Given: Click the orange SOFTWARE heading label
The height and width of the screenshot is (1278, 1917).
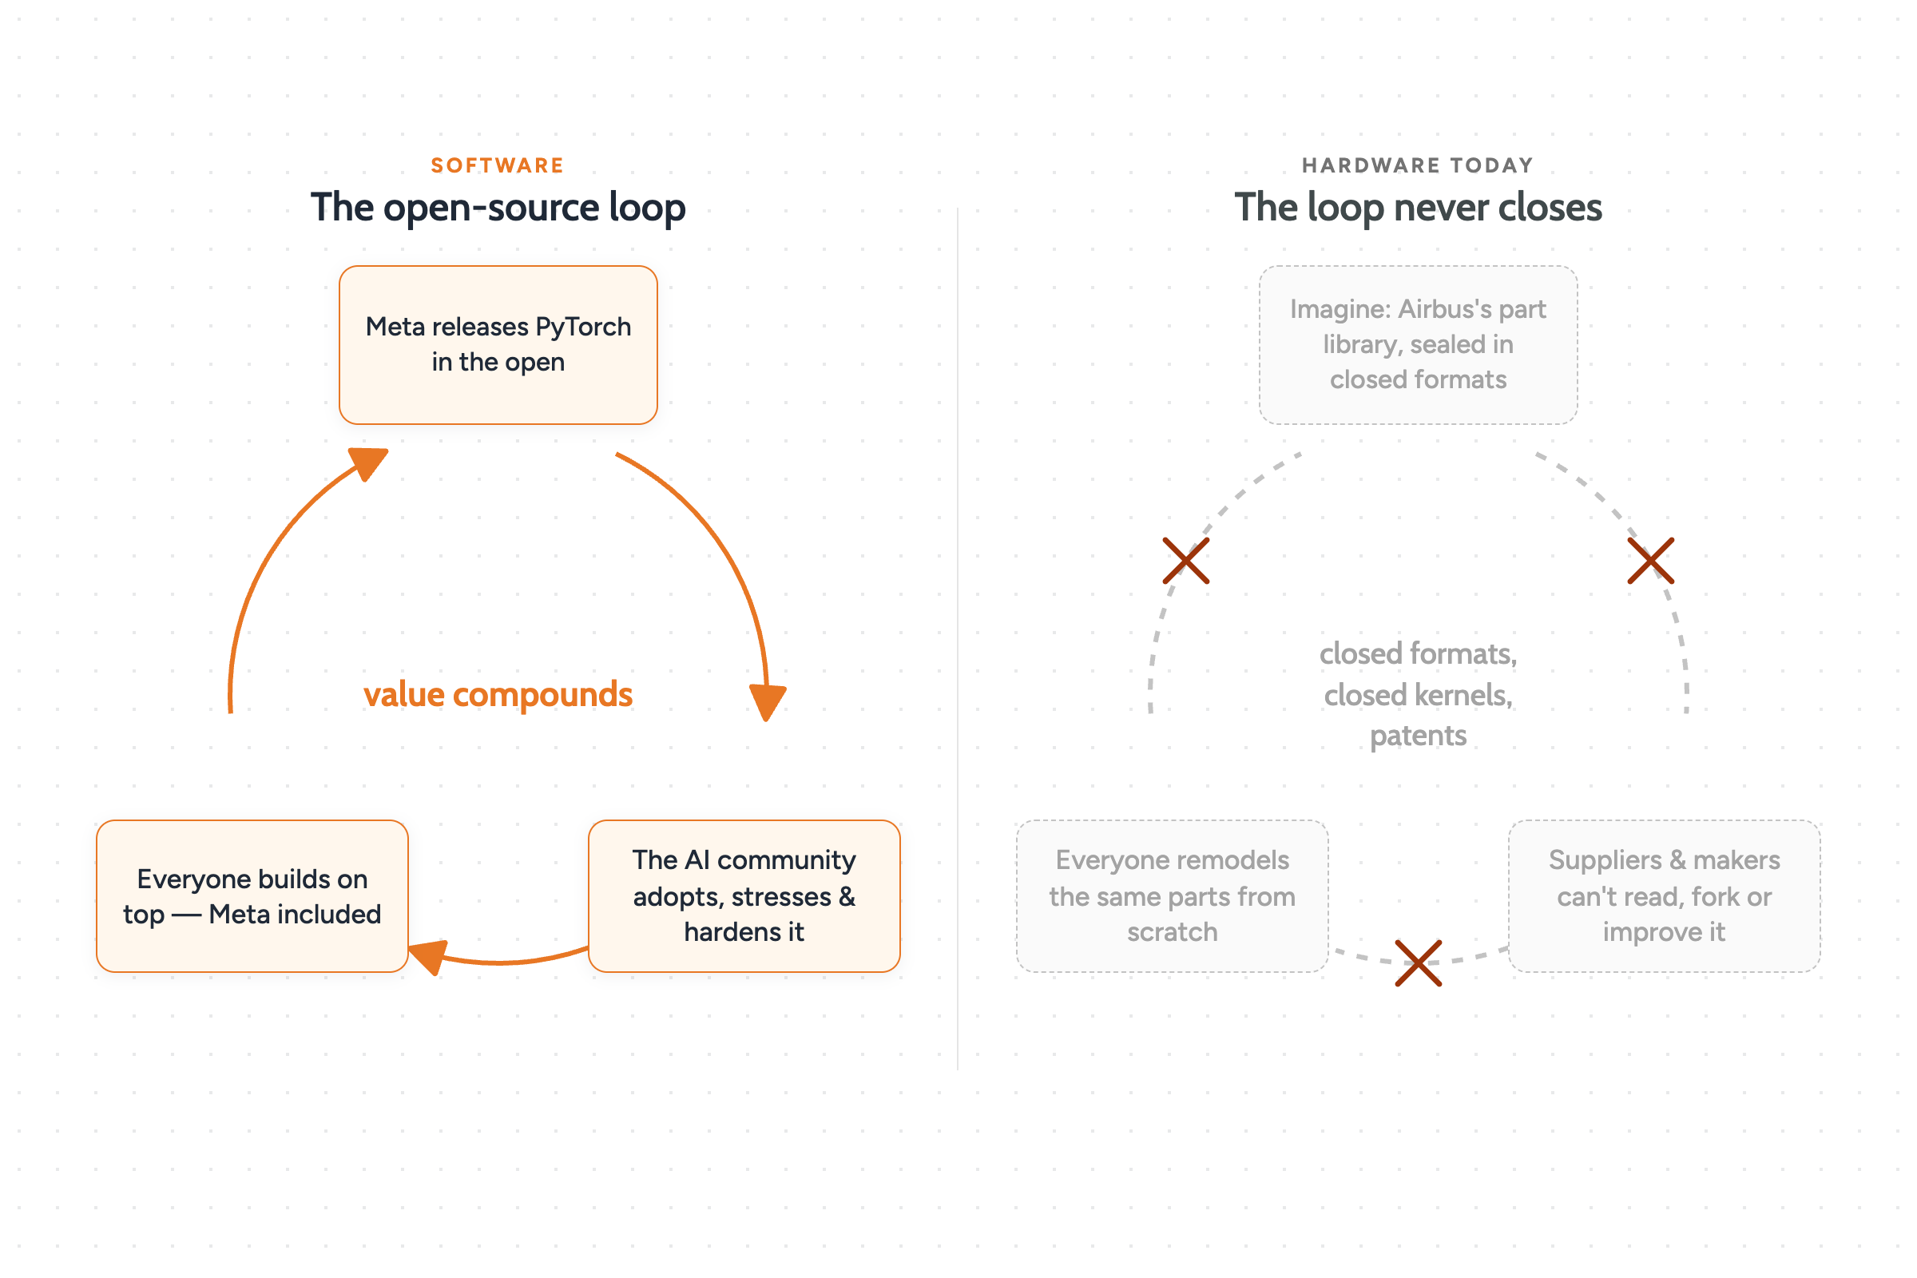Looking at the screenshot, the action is coord(497,165).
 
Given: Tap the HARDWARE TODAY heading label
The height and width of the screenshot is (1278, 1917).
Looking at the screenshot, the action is coord(1417,165).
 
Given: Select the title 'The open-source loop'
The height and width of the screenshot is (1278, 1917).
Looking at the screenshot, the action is coord(498,208).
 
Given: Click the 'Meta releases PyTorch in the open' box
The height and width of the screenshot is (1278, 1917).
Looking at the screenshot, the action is coord(498,345).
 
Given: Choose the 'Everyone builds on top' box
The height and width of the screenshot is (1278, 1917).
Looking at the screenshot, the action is coord(252,895).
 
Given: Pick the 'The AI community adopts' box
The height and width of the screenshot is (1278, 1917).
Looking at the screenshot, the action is coord(744,895).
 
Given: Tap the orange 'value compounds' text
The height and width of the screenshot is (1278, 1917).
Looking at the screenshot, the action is coord(498,694).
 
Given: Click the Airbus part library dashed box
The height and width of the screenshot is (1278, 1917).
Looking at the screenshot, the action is coord(1419,345).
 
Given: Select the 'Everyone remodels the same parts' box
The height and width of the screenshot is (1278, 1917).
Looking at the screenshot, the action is coord(1172,895).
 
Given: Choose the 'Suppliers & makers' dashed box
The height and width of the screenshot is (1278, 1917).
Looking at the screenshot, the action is coord(1665,895).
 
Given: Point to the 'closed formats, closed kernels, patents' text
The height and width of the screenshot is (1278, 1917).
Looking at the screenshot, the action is coord(1419,694).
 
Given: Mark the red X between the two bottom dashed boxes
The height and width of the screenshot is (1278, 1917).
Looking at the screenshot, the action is coord(1419,963).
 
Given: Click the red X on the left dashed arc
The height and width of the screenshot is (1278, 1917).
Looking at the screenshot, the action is coord(1186,561).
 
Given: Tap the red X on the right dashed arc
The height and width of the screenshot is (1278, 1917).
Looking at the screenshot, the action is coord(1650,561).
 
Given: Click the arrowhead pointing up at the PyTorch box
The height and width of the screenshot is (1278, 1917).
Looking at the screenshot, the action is coord(368,463).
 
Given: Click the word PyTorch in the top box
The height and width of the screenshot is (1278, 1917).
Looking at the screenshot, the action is coord(583,327).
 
